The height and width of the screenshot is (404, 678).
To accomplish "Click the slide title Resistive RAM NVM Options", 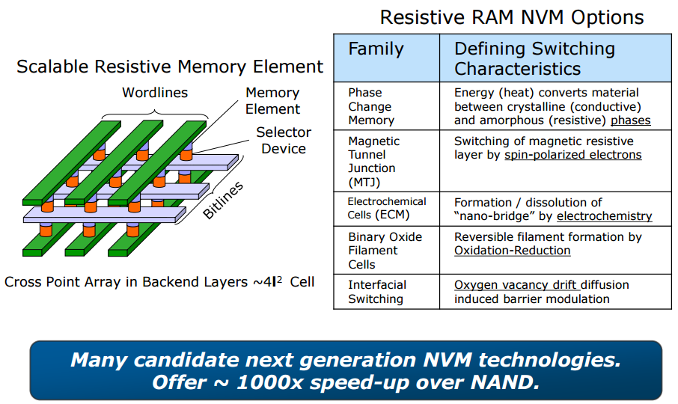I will tap(512, 16).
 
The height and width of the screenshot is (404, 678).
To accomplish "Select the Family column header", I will tap(376, 50).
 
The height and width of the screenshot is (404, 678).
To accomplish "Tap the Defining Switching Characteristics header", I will tap(534, 59).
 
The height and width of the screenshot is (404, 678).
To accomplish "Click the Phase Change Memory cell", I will tap(370, 106).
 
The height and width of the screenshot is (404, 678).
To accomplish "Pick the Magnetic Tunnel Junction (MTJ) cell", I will tap(373, 162).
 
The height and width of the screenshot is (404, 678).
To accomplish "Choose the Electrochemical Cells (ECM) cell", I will tap(386, 208).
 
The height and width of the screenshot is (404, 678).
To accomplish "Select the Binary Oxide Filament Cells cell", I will tap(385, 250).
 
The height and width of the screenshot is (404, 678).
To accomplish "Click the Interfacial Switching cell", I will tap(376, 292).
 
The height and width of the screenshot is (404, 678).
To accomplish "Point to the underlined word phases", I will tap(630, 120).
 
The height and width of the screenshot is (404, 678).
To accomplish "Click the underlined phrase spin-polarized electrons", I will tap(572, 155).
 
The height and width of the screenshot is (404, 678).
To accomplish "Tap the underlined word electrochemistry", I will tap(604, 216).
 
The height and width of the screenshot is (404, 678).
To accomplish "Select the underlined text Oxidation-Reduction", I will tap(512, 251).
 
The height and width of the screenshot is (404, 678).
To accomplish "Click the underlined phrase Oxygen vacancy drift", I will tap(516, 285).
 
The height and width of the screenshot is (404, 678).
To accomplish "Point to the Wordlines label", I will tap(155, 93).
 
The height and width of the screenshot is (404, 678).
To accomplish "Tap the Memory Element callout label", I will tap(272, 100).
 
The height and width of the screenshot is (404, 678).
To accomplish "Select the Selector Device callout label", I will tap(283, 141).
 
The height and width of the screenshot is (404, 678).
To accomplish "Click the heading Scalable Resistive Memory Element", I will tap(170, 67).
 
